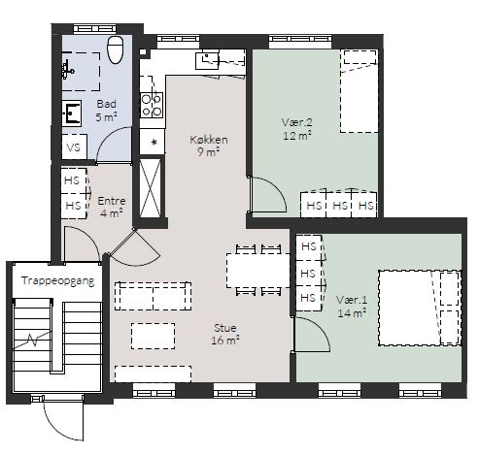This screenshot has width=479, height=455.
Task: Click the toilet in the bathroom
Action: [116, 49]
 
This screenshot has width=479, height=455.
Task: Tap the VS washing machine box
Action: [74, 147]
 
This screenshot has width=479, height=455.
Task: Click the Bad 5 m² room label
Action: [106, 111]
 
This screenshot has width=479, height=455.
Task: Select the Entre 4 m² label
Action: [111, 207]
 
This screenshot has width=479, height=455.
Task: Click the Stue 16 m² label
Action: [225, 334]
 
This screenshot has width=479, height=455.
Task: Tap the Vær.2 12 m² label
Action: [297, 129]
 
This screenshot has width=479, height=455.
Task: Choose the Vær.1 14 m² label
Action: [352, 306]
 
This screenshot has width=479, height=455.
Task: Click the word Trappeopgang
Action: [58, 280]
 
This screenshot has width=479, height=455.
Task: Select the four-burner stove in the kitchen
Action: [152, 106]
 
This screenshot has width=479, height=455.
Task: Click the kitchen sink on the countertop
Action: [207, 60]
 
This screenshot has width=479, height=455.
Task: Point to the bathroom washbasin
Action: [72, 114]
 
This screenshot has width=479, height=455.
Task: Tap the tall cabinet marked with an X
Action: [150, 188]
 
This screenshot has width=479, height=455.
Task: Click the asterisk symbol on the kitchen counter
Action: [154, 143]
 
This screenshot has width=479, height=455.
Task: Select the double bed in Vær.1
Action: [420, 308]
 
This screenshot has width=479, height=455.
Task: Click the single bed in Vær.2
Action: [359, 91]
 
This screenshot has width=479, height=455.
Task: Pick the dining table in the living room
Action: [258, 271]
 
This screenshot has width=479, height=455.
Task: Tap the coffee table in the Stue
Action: [154, 336]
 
